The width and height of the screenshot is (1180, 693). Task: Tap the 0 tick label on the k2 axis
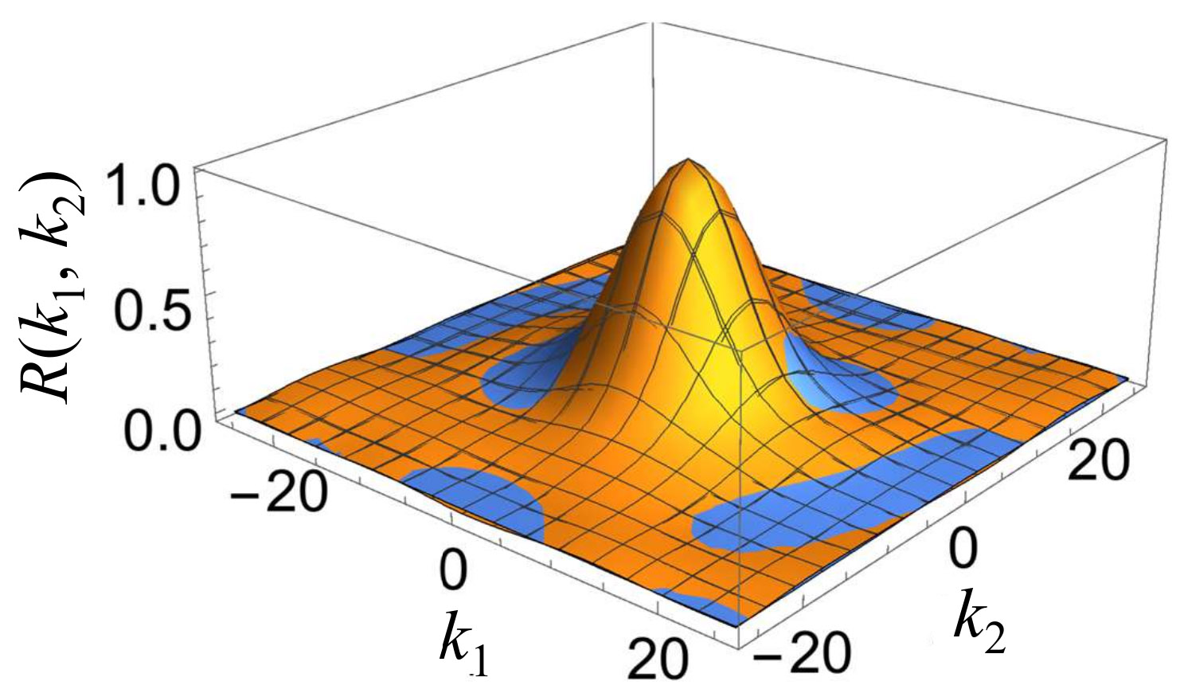[x=963, y=550]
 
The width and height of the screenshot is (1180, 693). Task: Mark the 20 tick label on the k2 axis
[x=1098, y=461]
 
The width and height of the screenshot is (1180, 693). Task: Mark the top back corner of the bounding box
[x=653, y=22]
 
